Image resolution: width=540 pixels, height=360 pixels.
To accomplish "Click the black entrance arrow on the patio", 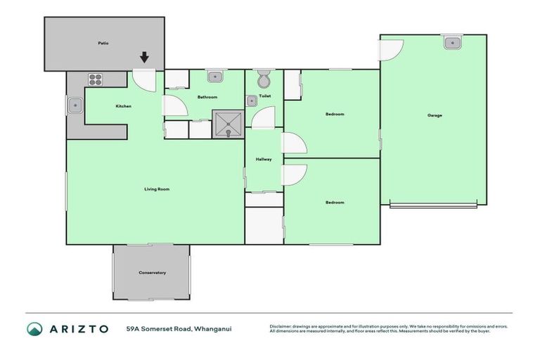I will pyautogui.click(x=144, y=58).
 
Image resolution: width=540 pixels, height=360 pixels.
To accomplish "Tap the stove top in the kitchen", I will pyautogui.click(x=96, y=79).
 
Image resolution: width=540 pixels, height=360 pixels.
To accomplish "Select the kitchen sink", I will pyautogui.click(x=75, y=107).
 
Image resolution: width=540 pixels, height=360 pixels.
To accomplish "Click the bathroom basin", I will pyautogui.click(x=215, y=76).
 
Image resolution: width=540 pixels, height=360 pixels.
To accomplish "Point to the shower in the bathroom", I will pyautogui.click(x=226, y=124).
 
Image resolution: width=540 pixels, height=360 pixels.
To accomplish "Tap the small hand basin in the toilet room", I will pyautogui.click(x=252, y=101).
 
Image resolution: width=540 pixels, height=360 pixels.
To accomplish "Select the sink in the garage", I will pyautogui.click(x=451, y=43).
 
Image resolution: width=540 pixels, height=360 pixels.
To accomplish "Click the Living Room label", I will pyautogui.click(x=157, y=188).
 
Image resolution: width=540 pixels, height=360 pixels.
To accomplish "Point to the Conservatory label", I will pyautogui.click(x=152, y=272).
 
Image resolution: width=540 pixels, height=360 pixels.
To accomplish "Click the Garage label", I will pyautogui.click(x=435, y=115).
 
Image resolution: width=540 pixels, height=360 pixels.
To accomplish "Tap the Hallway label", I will pyautogui.click(x=264, y=160).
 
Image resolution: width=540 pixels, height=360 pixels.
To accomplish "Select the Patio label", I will pyautogui.click(x=103, y=43).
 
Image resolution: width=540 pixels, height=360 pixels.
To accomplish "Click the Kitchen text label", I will pyautogui.click(x=124, y=106).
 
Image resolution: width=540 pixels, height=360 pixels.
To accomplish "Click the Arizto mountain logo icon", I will pyautogui.click(x=34, y=328).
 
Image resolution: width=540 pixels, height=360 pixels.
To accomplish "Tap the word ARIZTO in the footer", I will pyautogui.click(x=78, y=328).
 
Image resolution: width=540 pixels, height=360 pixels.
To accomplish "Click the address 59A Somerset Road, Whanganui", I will pyautogui.click(x=179, y=328).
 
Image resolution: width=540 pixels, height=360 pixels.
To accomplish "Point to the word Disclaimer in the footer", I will pyautogui.click(x=281, y=326).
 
